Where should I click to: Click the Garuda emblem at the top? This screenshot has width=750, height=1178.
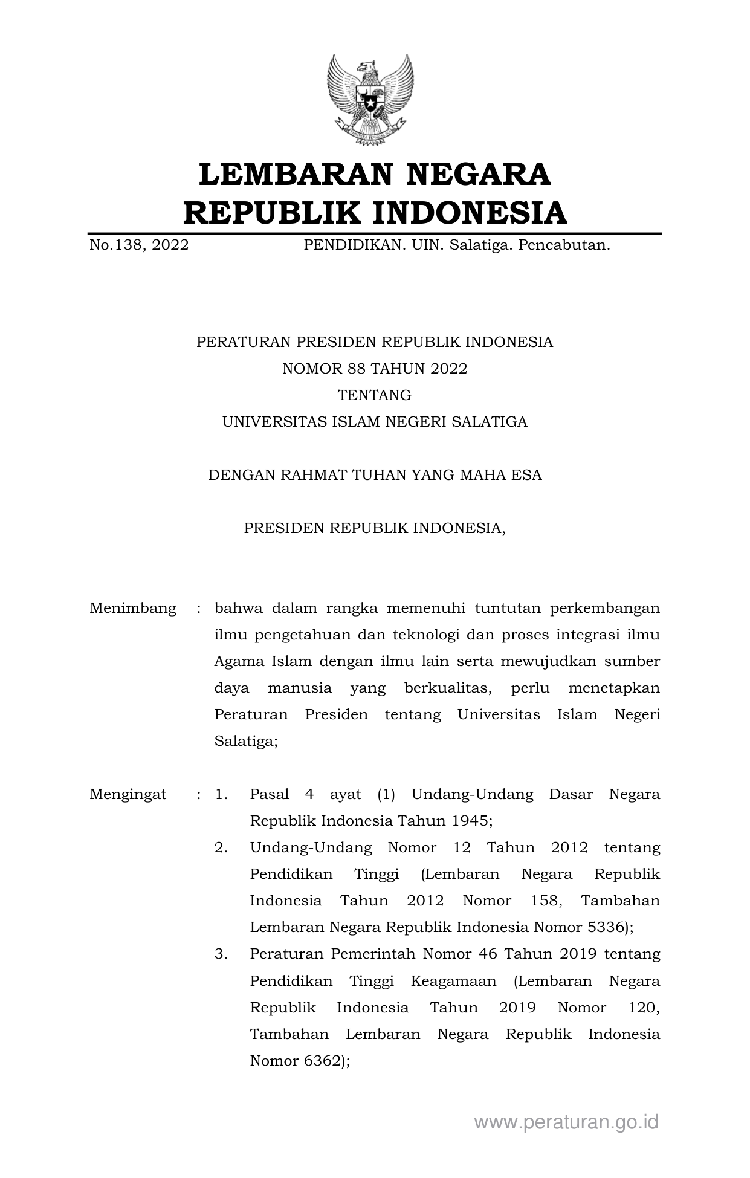click(370, 100)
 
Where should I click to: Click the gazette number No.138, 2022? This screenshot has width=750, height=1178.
click(139, 245)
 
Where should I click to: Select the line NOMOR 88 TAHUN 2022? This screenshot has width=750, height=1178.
click(375, 369)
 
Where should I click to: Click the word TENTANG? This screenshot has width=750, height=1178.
click(375, 395)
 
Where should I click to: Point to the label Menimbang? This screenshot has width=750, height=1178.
click(133, 608)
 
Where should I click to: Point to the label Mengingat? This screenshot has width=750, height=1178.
click(128, 794)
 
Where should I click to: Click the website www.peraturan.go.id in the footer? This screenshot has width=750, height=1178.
click(566, 1122)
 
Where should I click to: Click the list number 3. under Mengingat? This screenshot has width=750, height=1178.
click(221, 954)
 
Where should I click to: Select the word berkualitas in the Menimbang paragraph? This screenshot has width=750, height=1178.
click(448, 688)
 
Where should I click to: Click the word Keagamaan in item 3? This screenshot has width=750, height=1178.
click(453, 980)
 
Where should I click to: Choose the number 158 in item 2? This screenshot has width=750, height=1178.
click(546, 901)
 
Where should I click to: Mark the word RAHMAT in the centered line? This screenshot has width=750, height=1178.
click(309, 475)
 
